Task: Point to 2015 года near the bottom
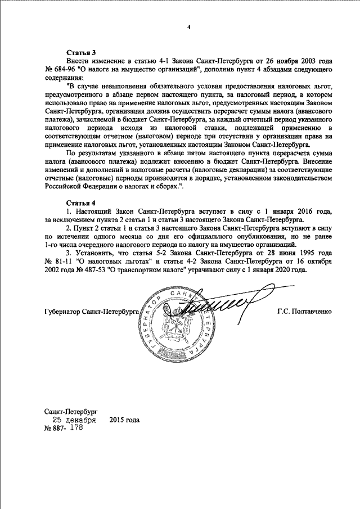[124, 420]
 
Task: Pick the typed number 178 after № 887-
[74, 428]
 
